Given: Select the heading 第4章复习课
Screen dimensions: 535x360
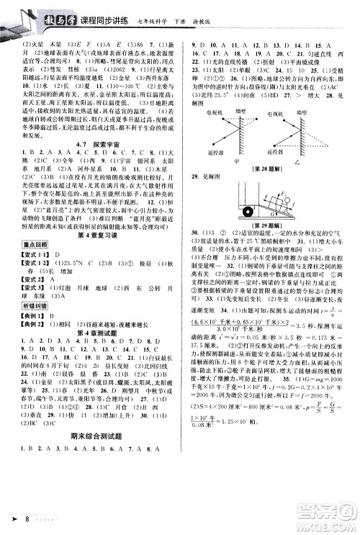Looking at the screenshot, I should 91,238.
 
